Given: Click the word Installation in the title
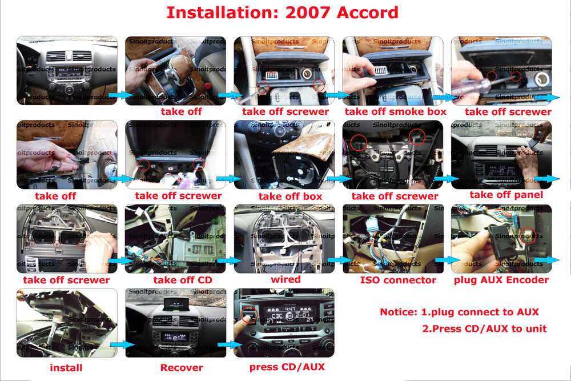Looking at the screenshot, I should tap(217, 13).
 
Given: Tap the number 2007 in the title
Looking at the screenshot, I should tap(303, 13).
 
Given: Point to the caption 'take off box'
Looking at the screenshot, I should tap(290, 196).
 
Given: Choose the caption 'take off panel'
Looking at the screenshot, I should tap(506, 195).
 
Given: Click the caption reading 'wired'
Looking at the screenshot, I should tap(285, 279).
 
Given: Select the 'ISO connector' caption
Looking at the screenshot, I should tap(398, 280).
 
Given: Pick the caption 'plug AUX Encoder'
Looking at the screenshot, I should tap(501, 280).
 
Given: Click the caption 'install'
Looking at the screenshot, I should tap(66, 368).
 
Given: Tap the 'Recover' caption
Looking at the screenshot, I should tap(182, 368).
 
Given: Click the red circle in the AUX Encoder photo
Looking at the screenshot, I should tap(529, 235).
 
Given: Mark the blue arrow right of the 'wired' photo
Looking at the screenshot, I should tap(338, 260).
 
